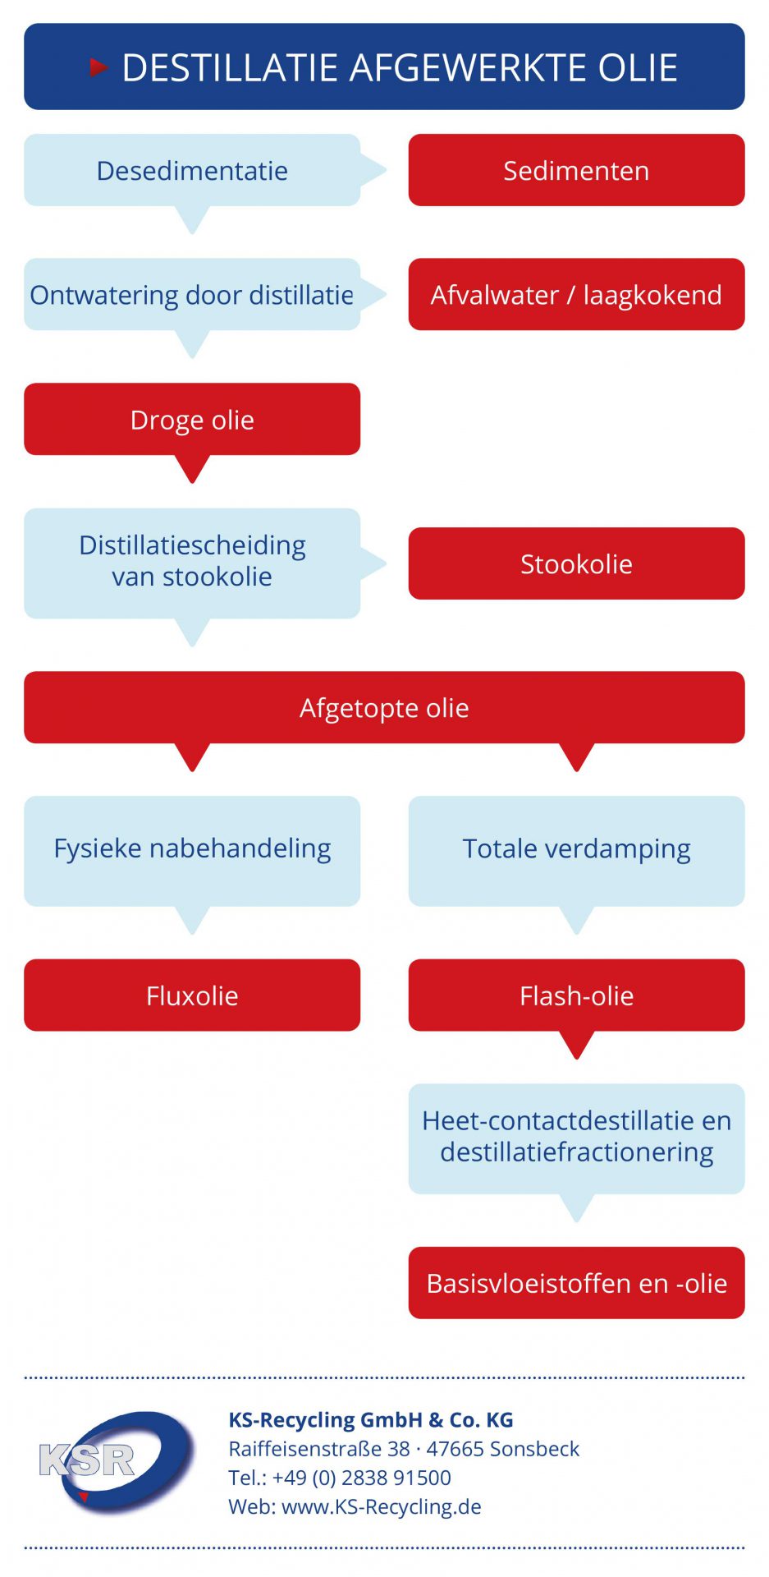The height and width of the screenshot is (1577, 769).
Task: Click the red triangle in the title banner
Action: (x=98, y=67)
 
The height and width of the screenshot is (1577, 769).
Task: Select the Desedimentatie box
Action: (x=192, y=170)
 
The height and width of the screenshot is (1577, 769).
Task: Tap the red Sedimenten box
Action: (x=576, y=170)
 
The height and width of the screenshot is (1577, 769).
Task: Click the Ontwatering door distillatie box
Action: (x=192, y=295)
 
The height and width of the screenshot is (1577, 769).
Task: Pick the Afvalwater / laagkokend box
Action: (x=576, y=295)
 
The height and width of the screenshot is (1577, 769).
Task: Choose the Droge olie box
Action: (x=192, y=420)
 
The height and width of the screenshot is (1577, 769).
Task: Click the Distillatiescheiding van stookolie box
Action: (x=192, y=563)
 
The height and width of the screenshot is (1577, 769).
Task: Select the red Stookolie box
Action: (x=576, y=563)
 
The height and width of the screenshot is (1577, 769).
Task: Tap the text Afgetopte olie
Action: (x=384, y=708)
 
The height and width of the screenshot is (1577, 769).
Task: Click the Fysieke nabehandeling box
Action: (x=192, y=851)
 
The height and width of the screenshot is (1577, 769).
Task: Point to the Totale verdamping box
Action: (x=576, y=851)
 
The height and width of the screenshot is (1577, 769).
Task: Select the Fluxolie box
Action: (x=192, y=995)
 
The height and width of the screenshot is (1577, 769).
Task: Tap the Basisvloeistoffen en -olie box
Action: (x=576, y=1283)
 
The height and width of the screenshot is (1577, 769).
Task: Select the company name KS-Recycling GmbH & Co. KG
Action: (x=371, y=1420)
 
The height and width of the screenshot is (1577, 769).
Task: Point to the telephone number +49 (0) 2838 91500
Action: (x=362, y=1478)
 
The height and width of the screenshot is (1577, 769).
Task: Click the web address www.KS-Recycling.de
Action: (x=382, y=1507)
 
